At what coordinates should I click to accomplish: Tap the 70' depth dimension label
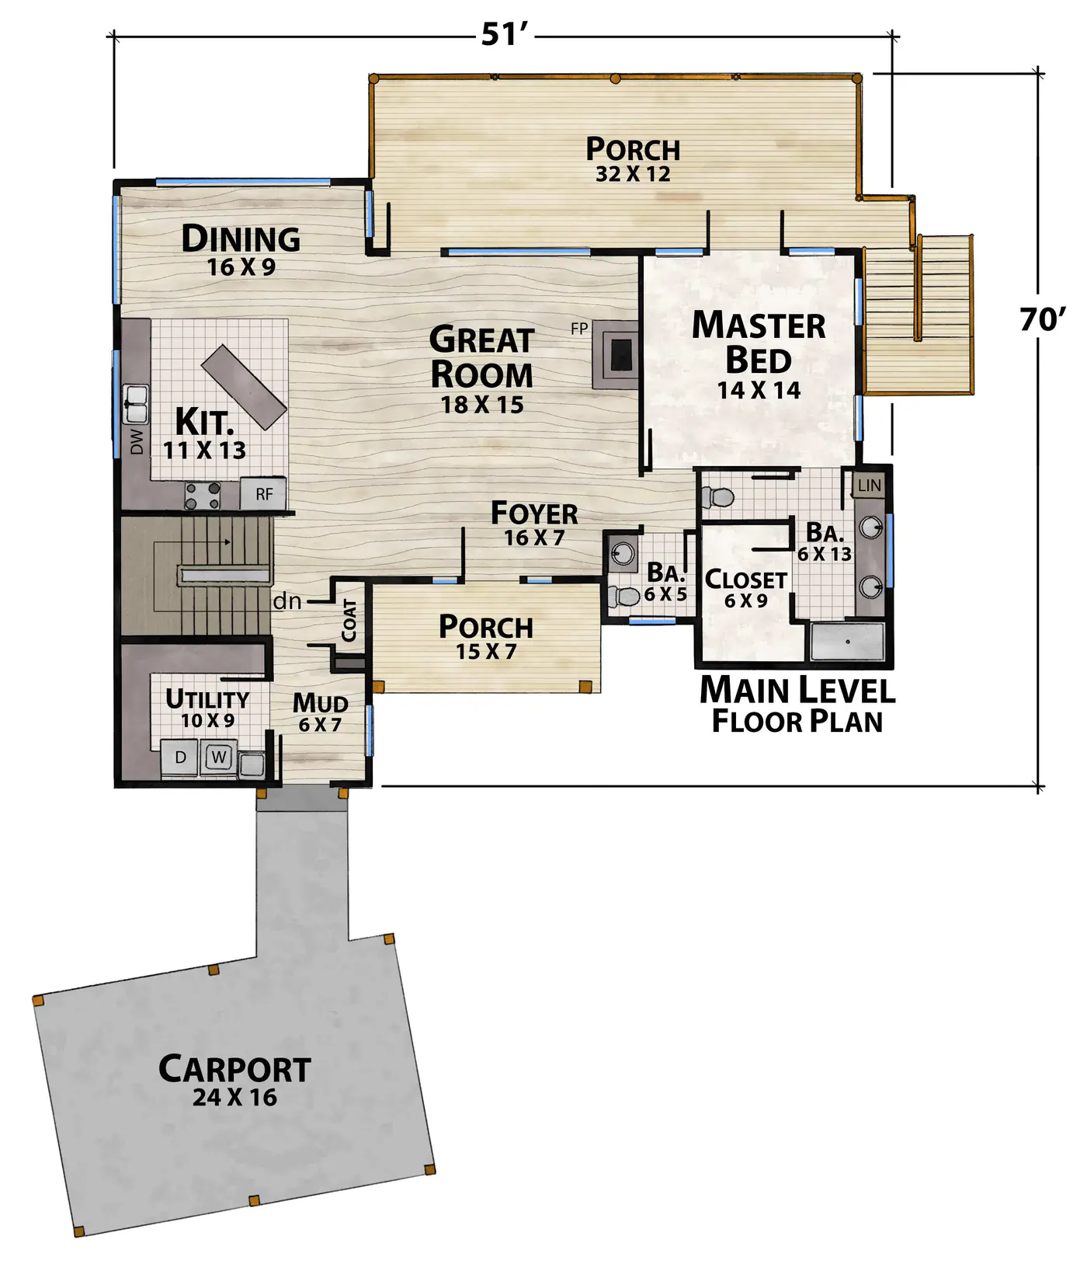[1043, 319]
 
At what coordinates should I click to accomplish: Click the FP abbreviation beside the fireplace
[579, 329]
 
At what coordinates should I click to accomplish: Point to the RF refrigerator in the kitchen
[263, 494]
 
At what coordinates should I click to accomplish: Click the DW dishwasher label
[137, 442]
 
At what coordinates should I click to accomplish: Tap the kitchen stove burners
[202, 496]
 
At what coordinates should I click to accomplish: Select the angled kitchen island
[244, 387]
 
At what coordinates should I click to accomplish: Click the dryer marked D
[180, 757]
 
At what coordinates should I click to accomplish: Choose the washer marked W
[219, 757]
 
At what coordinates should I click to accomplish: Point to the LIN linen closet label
[869, 486]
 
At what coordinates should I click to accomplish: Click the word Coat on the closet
[349, 620]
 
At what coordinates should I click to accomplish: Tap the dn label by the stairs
[287, 601]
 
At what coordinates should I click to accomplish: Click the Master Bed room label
[759, 342]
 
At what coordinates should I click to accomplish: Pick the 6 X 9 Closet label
[745, 589]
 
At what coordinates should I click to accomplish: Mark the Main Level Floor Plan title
[797, 705]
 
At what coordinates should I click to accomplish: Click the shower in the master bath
[847, 642]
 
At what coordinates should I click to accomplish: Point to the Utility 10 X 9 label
[207, 709]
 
